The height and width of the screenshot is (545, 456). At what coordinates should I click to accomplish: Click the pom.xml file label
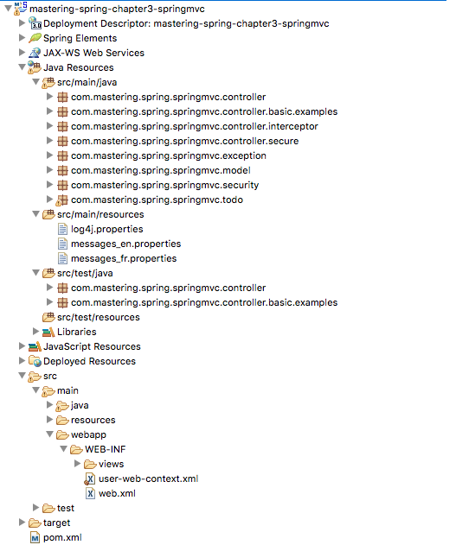(62, 537)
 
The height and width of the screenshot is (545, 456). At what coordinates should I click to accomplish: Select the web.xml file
(117, 493)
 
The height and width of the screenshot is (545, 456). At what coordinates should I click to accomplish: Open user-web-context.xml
(148, 478)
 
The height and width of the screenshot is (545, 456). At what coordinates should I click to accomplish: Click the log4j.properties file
(107, 229)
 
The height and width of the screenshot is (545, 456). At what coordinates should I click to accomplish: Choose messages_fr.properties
(124, 258)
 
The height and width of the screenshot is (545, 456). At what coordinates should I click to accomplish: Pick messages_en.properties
(125, 244)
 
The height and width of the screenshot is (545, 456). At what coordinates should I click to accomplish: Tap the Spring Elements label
(80, 38)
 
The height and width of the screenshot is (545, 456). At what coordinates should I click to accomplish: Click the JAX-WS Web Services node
(93, 53)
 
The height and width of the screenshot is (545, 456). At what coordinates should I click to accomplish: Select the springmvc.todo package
(157, 200)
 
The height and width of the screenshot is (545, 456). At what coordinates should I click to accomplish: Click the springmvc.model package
(160, 170)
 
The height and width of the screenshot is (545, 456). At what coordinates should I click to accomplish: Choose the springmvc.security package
(164, 185)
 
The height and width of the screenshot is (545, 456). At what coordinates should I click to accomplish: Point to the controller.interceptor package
(194, 126)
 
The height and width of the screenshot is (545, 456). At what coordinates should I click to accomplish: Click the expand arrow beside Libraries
(35, 332)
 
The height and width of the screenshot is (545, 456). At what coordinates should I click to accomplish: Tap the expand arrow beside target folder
(22, 522)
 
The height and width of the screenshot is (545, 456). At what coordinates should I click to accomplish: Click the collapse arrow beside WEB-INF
(64, 449)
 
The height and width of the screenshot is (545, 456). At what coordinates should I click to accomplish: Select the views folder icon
(90, 464)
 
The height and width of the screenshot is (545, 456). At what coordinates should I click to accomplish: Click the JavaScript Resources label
(92, 346)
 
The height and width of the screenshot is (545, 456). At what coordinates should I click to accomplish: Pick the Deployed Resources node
(89, 362)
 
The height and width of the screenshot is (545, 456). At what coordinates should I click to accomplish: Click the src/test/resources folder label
(99, 317)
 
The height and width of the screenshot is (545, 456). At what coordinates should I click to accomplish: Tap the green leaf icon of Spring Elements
(35, 38)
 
